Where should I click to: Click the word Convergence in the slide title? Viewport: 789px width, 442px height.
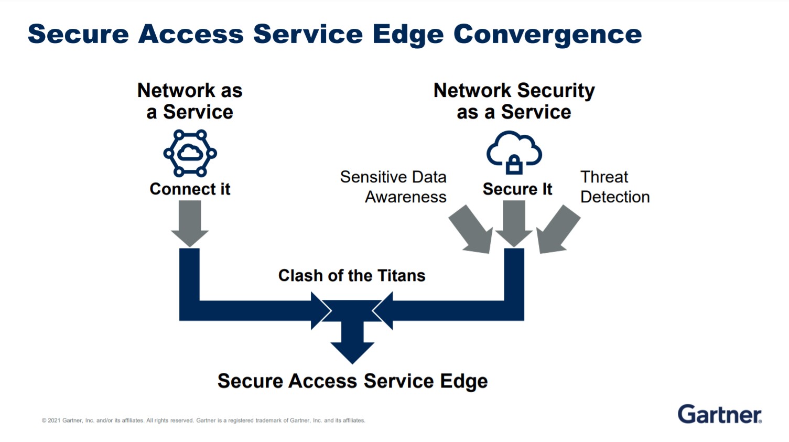coord(547,35)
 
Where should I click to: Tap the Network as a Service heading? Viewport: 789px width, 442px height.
coord(190,101)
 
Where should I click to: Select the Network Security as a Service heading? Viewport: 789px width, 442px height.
coord(514,101)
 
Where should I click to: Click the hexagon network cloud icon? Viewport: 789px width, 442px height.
coord(190,153)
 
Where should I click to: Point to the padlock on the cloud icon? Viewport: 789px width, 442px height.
coord(514,165)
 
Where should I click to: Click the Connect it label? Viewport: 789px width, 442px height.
coord(190,189)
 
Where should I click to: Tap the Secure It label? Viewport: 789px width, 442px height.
coord(517,189)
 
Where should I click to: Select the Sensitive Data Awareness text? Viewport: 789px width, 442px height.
coord(393,187)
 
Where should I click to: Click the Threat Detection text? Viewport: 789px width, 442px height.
coord(615,187)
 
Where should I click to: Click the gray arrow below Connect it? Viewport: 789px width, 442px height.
coord(190,224)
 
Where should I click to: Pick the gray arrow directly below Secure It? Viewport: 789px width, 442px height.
coord(514,224)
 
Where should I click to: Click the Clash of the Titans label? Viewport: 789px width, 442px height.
coord(352,275)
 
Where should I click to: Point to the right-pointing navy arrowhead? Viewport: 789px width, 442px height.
coord(321,310)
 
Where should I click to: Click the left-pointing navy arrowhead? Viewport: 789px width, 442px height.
coord(383,310)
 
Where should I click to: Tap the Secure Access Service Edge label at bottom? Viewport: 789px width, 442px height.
coord(353,381)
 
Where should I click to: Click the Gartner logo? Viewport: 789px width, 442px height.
coord(720,414)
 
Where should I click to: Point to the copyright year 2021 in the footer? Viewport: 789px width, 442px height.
coord(54,421)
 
